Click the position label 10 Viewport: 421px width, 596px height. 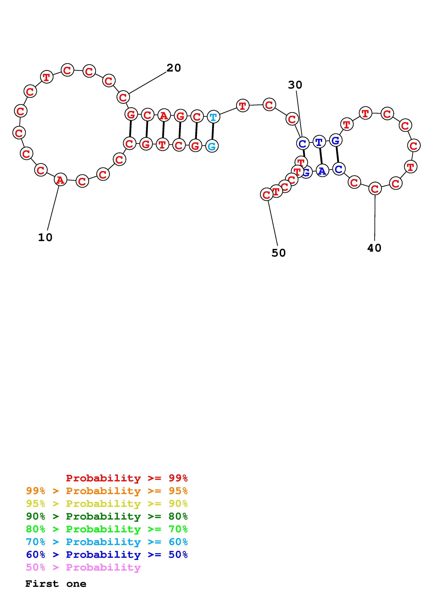45,237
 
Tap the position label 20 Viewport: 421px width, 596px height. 174,68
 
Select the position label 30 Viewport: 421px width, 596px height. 295,85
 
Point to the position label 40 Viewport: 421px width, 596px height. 374,248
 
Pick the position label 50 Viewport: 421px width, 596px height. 278,253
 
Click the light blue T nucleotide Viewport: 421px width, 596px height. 213,117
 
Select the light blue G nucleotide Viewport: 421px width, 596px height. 212,146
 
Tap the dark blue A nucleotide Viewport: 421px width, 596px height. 322,171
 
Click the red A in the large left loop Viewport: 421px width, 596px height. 60,180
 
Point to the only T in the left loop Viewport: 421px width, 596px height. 46,77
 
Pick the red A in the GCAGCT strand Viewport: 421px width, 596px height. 164,116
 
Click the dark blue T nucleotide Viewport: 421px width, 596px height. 319,142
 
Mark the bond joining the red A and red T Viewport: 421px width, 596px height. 163,130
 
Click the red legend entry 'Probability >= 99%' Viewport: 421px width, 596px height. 127,478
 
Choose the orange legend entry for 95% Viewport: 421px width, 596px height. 107,491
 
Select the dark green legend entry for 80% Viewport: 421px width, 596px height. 107,516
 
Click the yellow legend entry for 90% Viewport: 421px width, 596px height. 107,503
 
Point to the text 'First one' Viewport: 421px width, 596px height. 56,584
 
